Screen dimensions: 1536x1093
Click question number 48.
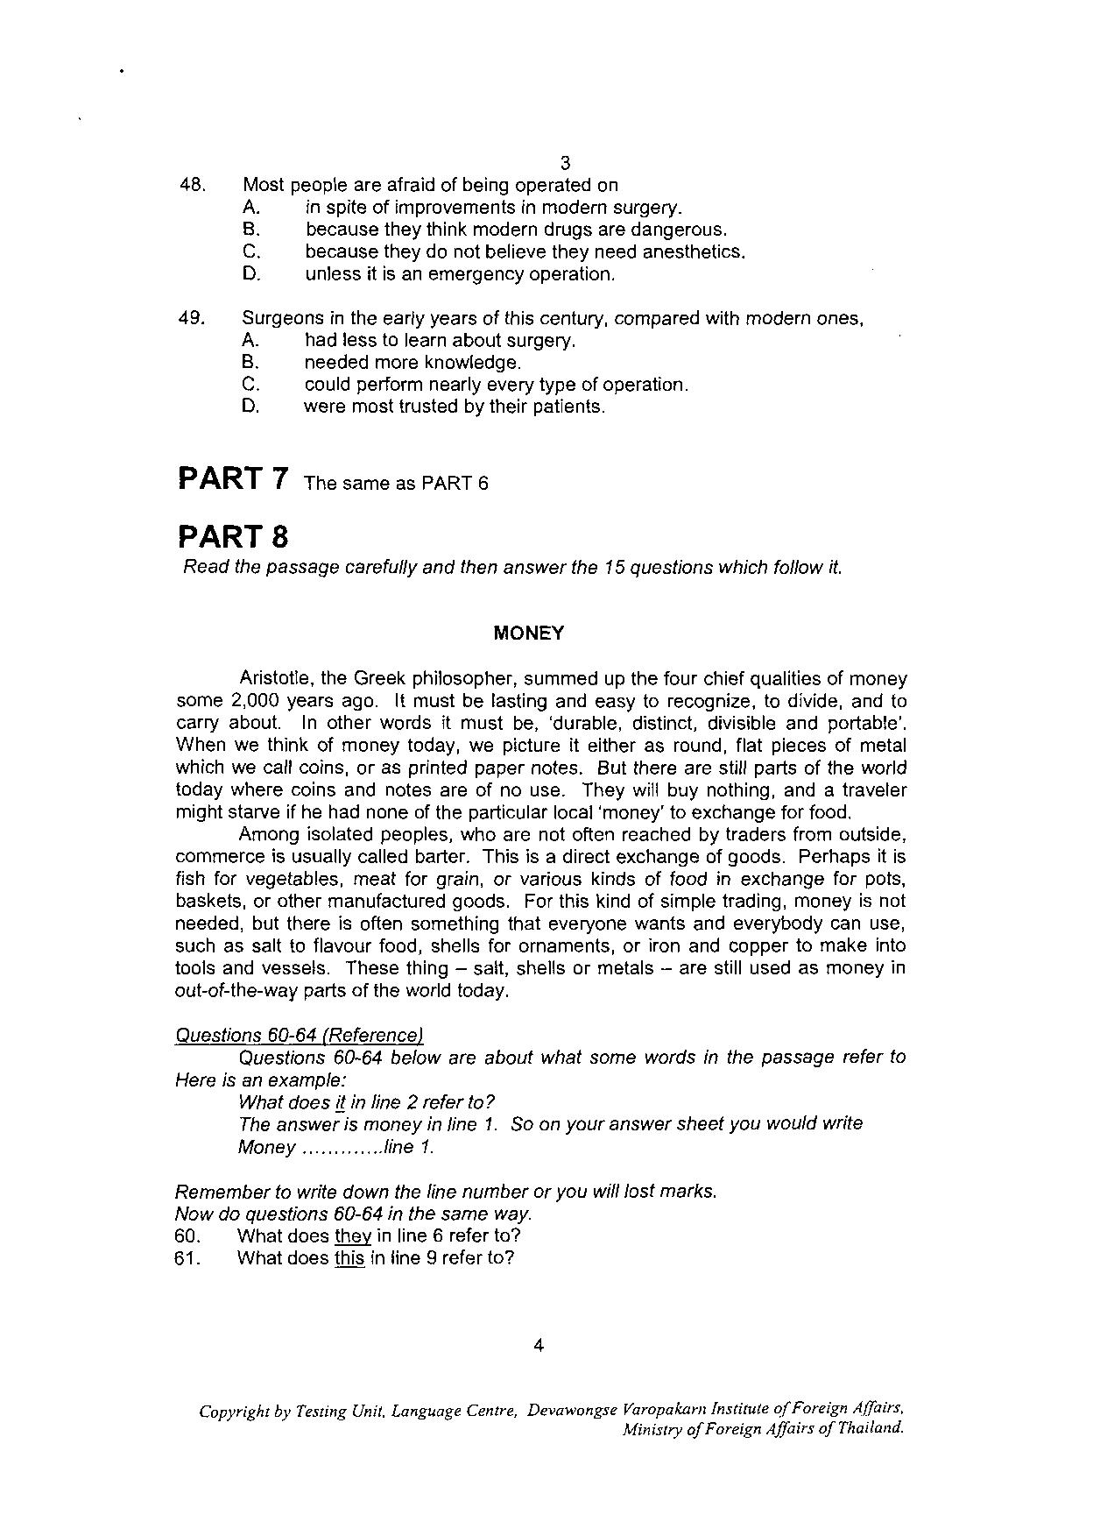[x=192, y=185]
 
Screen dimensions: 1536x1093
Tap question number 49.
[x=191, y=318]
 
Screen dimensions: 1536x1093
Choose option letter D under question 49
[x=250, y=407]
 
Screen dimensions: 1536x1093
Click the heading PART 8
[x=233, y=535]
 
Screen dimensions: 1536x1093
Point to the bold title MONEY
[x=529, y=633]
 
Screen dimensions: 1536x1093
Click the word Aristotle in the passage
[x=274, y=678]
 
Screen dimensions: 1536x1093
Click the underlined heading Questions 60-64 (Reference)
[x=300, y=1035]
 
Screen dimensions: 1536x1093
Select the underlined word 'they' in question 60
[x=353, y=1235]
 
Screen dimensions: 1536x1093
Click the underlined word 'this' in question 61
[x=349, y=1258]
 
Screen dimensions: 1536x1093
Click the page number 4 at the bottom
[x=539, y=1346]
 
